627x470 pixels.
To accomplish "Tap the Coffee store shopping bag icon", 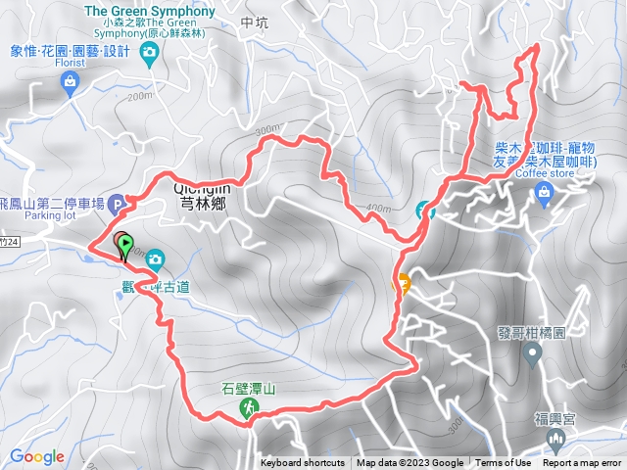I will point(544,196).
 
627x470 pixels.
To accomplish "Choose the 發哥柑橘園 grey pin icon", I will point(533,353).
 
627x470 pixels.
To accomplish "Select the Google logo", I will point(38,456).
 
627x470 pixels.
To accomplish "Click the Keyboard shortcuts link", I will point(303,463).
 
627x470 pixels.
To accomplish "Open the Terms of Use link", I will point(504,463).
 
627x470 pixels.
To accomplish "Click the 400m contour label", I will point(378,208).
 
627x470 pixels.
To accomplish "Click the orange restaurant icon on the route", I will point(401,283).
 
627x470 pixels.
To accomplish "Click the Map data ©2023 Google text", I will point(410,463).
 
